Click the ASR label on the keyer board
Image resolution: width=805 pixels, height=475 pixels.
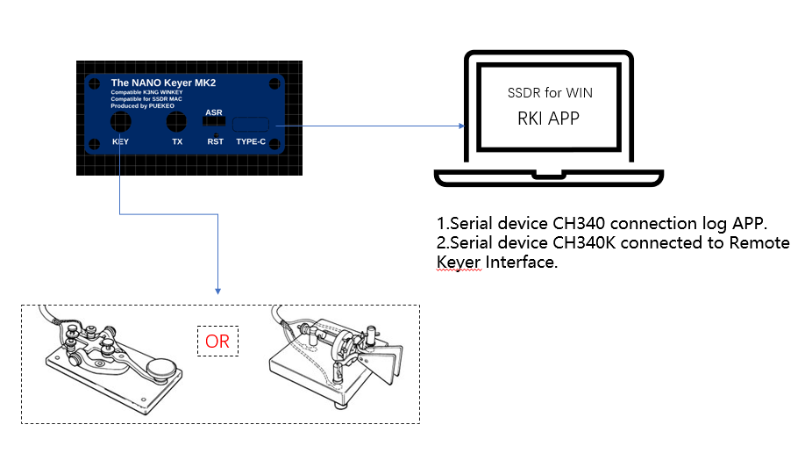click(214, 112)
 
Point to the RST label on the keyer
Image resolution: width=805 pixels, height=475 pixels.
click(215, 141)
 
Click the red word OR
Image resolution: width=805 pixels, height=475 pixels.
click(217, 340)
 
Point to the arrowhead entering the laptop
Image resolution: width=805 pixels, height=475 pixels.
click(459, 126)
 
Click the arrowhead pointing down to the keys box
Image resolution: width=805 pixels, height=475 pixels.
click(217, 291)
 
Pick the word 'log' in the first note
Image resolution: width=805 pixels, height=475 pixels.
click(702, 222)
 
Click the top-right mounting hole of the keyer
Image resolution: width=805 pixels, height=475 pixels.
click(274, 83)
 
